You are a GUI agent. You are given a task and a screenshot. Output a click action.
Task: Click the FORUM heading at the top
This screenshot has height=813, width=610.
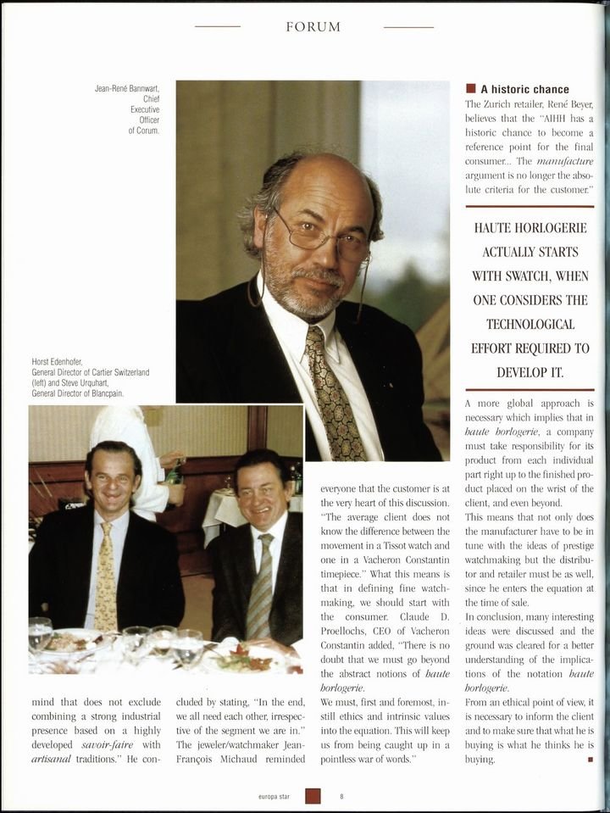point(313,27)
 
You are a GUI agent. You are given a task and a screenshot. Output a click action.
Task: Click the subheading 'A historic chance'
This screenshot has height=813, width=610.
point(524,89)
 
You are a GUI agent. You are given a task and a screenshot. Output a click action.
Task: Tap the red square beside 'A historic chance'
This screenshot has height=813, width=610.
point(470,89)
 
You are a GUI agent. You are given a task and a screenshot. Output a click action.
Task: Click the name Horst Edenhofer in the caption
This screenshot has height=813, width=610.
point(60,362)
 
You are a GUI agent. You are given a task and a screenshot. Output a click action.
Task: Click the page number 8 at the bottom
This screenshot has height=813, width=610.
point(341,796)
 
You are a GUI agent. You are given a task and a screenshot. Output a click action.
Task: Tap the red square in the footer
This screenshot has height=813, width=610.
point(313,796)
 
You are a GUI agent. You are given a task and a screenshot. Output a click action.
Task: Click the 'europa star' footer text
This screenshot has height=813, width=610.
point(277,796)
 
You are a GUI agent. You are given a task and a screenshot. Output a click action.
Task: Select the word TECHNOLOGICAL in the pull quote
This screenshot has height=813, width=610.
point(530,324)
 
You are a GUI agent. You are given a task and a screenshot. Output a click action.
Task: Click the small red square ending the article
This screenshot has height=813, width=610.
point(589,759)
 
